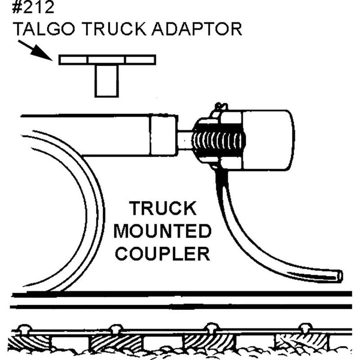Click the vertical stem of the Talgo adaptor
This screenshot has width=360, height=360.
107,81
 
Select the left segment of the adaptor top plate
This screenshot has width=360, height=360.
73,60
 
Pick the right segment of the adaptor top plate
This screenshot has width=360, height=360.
140,60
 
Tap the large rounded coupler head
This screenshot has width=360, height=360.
268,140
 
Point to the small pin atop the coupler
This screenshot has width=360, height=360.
219,107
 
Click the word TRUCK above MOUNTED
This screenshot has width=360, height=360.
162,209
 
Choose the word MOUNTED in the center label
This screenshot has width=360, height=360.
162,231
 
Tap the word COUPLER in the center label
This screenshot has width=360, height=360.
162,253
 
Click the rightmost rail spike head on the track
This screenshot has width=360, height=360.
306,327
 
